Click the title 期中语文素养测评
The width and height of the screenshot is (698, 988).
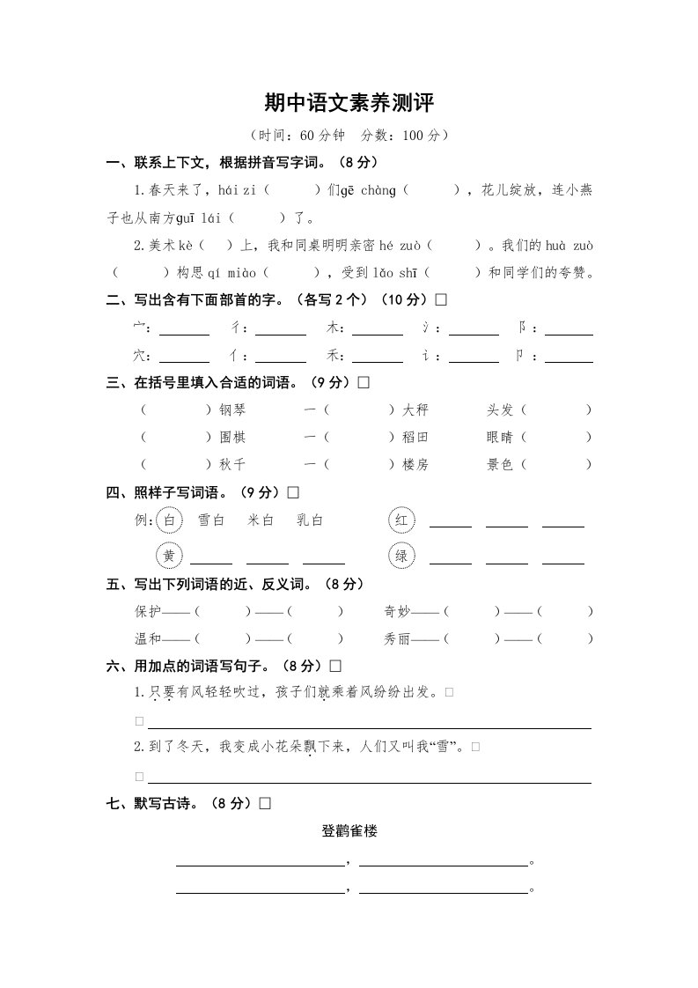point(349,103)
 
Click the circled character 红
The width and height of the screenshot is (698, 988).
point(401,520)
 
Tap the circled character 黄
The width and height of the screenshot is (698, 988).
point(169,556)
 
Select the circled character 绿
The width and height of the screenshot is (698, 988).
point(401,556)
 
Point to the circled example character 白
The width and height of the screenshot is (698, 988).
point(169,520)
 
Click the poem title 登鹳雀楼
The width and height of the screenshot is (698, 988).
point(349,830)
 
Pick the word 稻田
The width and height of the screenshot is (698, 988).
point(415,437)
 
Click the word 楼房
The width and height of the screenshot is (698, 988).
point(415,464)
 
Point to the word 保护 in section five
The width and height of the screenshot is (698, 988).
point(148,611)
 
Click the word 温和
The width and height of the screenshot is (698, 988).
point(148,638)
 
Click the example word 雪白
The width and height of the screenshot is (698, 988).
point(211,520)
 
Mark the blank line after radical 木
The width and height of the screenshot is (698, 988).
point(378,333)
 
